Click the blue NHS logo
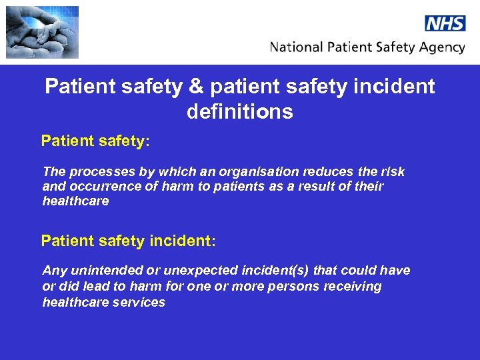pos(445,23)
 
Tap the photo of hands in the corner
pos(42,32)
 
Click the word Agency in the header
pos(441,47)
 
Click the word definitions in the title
pos(239,111)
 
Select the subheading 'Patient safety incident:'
pos(128,241)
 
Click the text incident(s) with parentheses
pos(277,271)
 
